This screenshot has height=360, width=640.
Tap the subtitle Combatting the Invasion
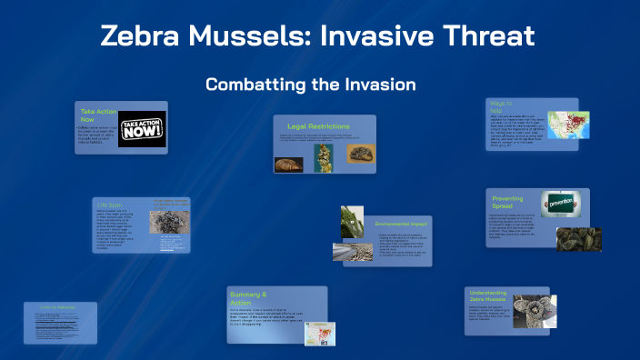310,85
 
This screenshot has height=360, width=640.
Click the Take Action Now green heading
95,115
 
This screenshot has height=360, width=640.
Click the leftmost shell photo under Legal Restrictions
289,164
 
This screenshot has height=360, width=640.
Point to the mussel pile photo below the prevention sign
577,237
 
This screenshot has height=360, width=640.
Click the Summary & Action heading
248,298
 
